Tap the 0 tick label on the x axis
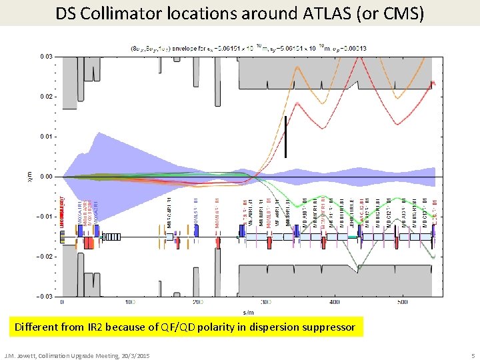click(62, 302)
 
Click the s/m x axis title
click(248, 311)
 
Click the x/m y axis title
click(38, 177)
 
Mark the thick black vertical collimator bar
click(285, 137)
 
